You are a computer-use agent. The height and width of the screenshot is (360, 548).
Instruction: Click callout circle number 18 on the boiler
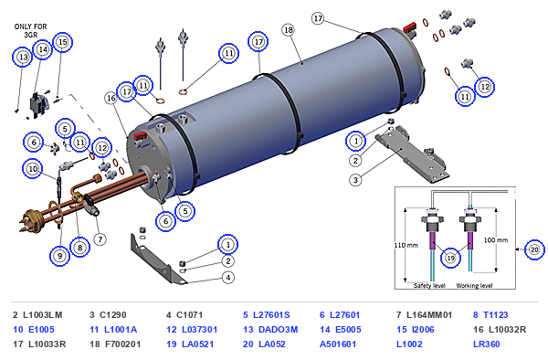click(x=289, y=30)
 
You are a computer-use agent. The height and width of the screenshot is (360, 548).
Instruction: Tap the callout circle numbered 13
click(x=23, y=57)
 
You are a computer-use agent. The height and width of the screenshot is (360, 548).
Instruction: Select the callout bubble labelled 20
click(x=534, y=249)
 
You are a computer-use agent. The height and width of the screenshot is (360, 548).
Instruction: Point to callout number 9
click(x=59, y=256)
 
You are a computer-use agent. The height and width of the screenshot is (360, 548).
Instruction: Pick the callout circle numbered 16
click(x=111, y=98)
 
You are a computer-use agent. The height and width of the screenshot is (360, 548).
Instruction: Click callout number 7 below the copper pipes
click(x=100, y=239)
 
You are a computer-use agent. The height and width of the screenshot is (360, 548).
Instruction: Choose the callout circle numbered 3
click(x=355, y=180)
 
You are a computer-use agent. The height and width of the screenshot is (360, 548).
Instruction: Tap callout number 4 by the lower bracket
click(x=227, y=278)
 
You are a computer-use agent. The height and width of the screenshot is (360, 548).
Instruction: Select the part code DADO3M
click(x=278, y=330)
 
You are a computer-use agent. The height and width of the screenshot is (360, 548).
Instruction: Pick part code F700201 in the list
click(x=123, y=344)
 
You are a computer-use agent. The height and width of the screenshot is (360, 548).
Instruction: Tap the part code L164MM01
click(x=429, y=315)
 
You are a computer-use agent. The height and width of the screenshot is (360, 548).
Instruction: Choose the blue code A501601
click(x=338, y=344)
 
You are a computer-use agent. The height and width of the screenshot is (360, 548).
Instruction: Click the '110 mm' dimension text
click(x=406, y=245)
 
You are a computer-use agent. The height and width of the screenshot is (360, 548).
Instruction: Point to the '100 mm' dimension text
click(x=496, y=240)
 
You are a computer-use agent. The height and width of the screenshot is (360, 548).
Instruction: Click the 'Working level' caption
click(x=474, y=286)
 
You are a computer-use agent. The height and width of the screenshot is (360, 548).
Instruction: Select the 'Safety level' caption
click(x=429, y=286)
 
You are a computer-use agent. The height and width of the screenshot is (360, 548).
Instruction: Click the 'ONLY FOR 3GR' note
click(x=30, y=31)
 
